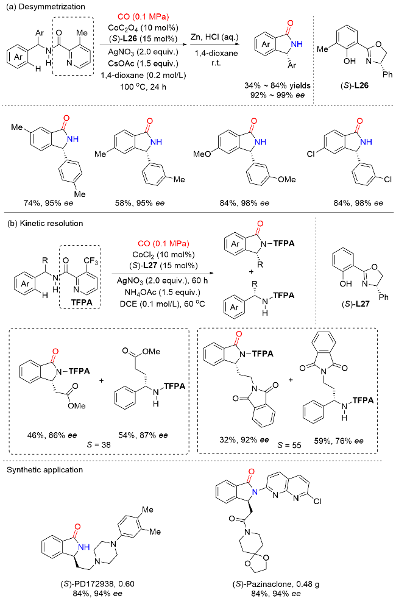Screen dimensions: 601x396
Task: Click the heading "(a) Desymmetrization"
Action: click(x=37, y=6)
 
